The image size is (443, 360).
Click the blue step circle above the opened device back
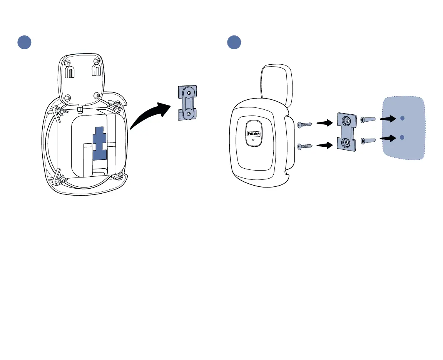(24, 42)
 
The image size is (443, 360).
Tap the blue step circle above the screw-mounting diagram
(234, 42)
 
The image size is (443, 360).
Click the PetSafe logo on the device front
(254, 133)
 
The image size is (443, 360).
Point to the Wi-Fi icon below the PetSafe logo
(254, 141)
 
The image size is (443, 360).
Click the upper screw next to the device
(305, 124)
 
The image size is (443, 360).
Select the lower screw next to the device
(305, 146)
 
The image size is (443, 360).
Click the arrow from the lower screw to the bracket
(324, 145)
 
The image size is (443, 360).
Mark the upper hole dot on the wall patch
(402, 118)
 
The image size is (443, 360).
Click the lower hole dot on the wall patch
(402, 137)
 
